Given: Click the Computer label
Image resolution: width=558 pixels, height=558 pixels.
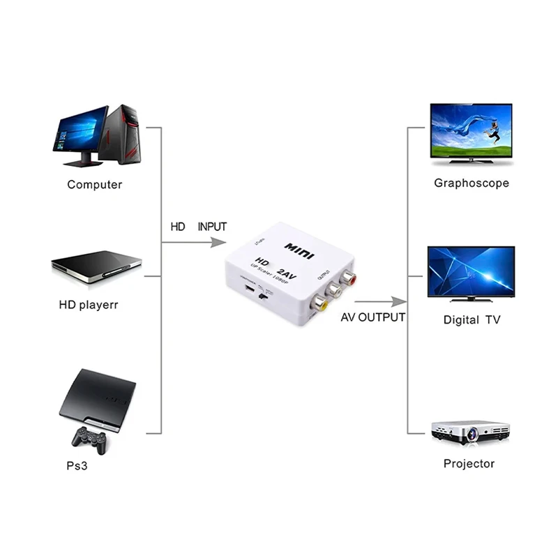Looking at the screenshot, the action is [x=94, y=185].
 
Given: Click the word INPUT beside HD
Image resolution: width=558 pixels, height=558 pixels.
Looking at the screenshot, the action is [x=212, y=227].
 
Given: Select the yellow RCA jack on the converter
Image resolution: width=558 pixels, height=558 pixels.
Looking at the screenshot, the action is [x=322, y=304].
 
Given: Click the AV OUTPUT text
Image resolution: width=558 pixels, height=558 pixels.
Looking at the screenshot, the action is [x=372, y=317].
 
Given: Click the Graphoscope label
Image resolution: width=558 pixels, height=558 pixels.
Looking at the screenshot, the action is [x=472, y=183].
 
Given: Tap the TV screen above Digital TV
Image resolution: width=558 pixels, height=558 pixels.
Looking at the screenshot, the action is [x=471, y=272].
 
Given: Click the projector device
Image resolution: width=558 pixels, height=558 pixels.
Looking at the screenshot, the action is [x=470, y=430].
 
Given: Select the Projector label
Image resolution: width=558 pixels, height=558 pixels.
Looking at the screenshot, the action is [x=469, y=464].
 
